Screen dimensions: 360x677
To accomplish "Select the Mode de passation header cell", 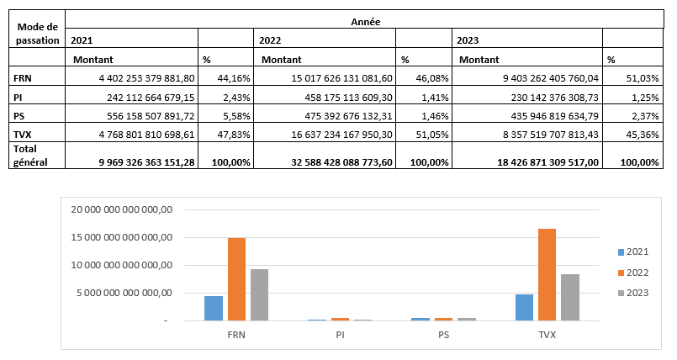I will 37,34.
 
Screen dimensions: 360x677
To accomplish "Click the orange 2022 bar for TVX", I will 547,274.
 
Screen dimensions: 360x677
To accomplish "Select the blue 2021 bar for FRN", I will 214,308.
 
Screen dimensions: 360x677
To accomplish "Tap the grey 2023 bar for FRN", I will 259,294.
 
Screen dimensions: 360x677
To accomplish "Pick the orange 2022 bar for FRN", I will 236,279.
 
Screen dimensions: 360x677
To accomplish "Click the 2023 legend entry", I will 637,292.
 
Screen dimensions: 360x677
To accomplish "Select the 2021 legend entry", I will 637,251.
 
